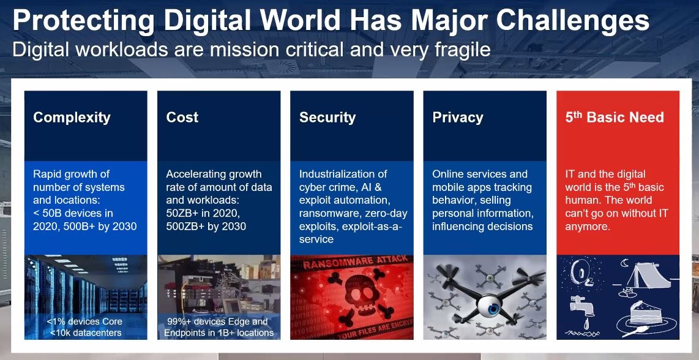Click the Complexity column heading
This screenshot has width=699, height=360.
click(x=72, y=118)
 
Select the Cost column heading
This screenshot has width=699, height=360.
click(x=182, y=117)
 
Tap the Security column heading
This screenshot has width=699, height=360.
click(x=327, y=118)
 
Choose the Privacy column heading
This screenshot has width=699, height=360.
click(x=458, y=118)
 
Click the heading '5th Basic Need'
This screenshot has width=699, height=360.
click(x=615, y=117)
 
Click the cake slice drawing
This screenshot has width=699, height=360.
click(x=646, y=314)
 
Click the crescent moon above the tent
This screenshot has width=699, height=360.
click(x=624, y=264)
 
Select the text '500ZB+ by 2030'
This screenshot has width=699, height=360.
click(x=206, y=226)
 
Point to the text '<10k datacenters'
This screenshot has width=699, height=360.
click(x=85, y=333)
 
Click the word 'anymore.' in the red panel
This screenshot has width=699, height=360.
click(x=587, y=227)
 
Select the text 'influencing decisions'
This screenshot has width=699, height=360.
click(x=482, y=226)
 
